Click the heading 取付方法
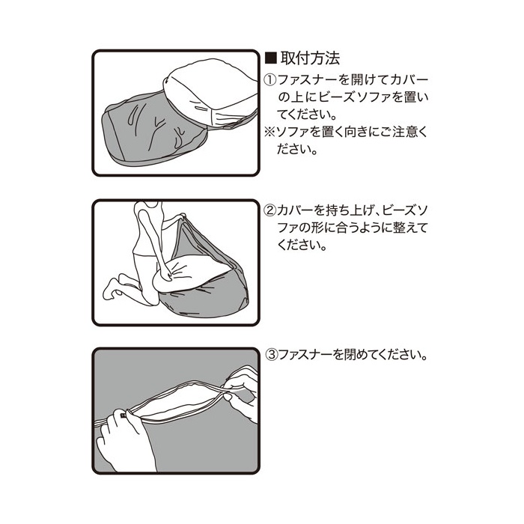(x=310, y=58)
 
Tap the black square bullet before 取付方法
(x=271, y=58)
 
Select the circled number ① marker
(x=270, y=80)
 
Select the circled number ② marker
(x=270, y=210)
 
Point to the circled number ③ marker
(x=271, y=355)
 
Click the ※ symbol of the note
(x=269, y=132)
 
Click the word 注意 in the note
(x=401, y=132)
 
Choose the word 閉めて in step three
(x=354, y=355)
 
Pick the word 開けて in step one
(x=362, y=80)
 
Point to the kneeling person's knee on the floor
(x=150, y=299)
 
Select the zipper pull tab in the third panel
(x=124, y=415)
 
